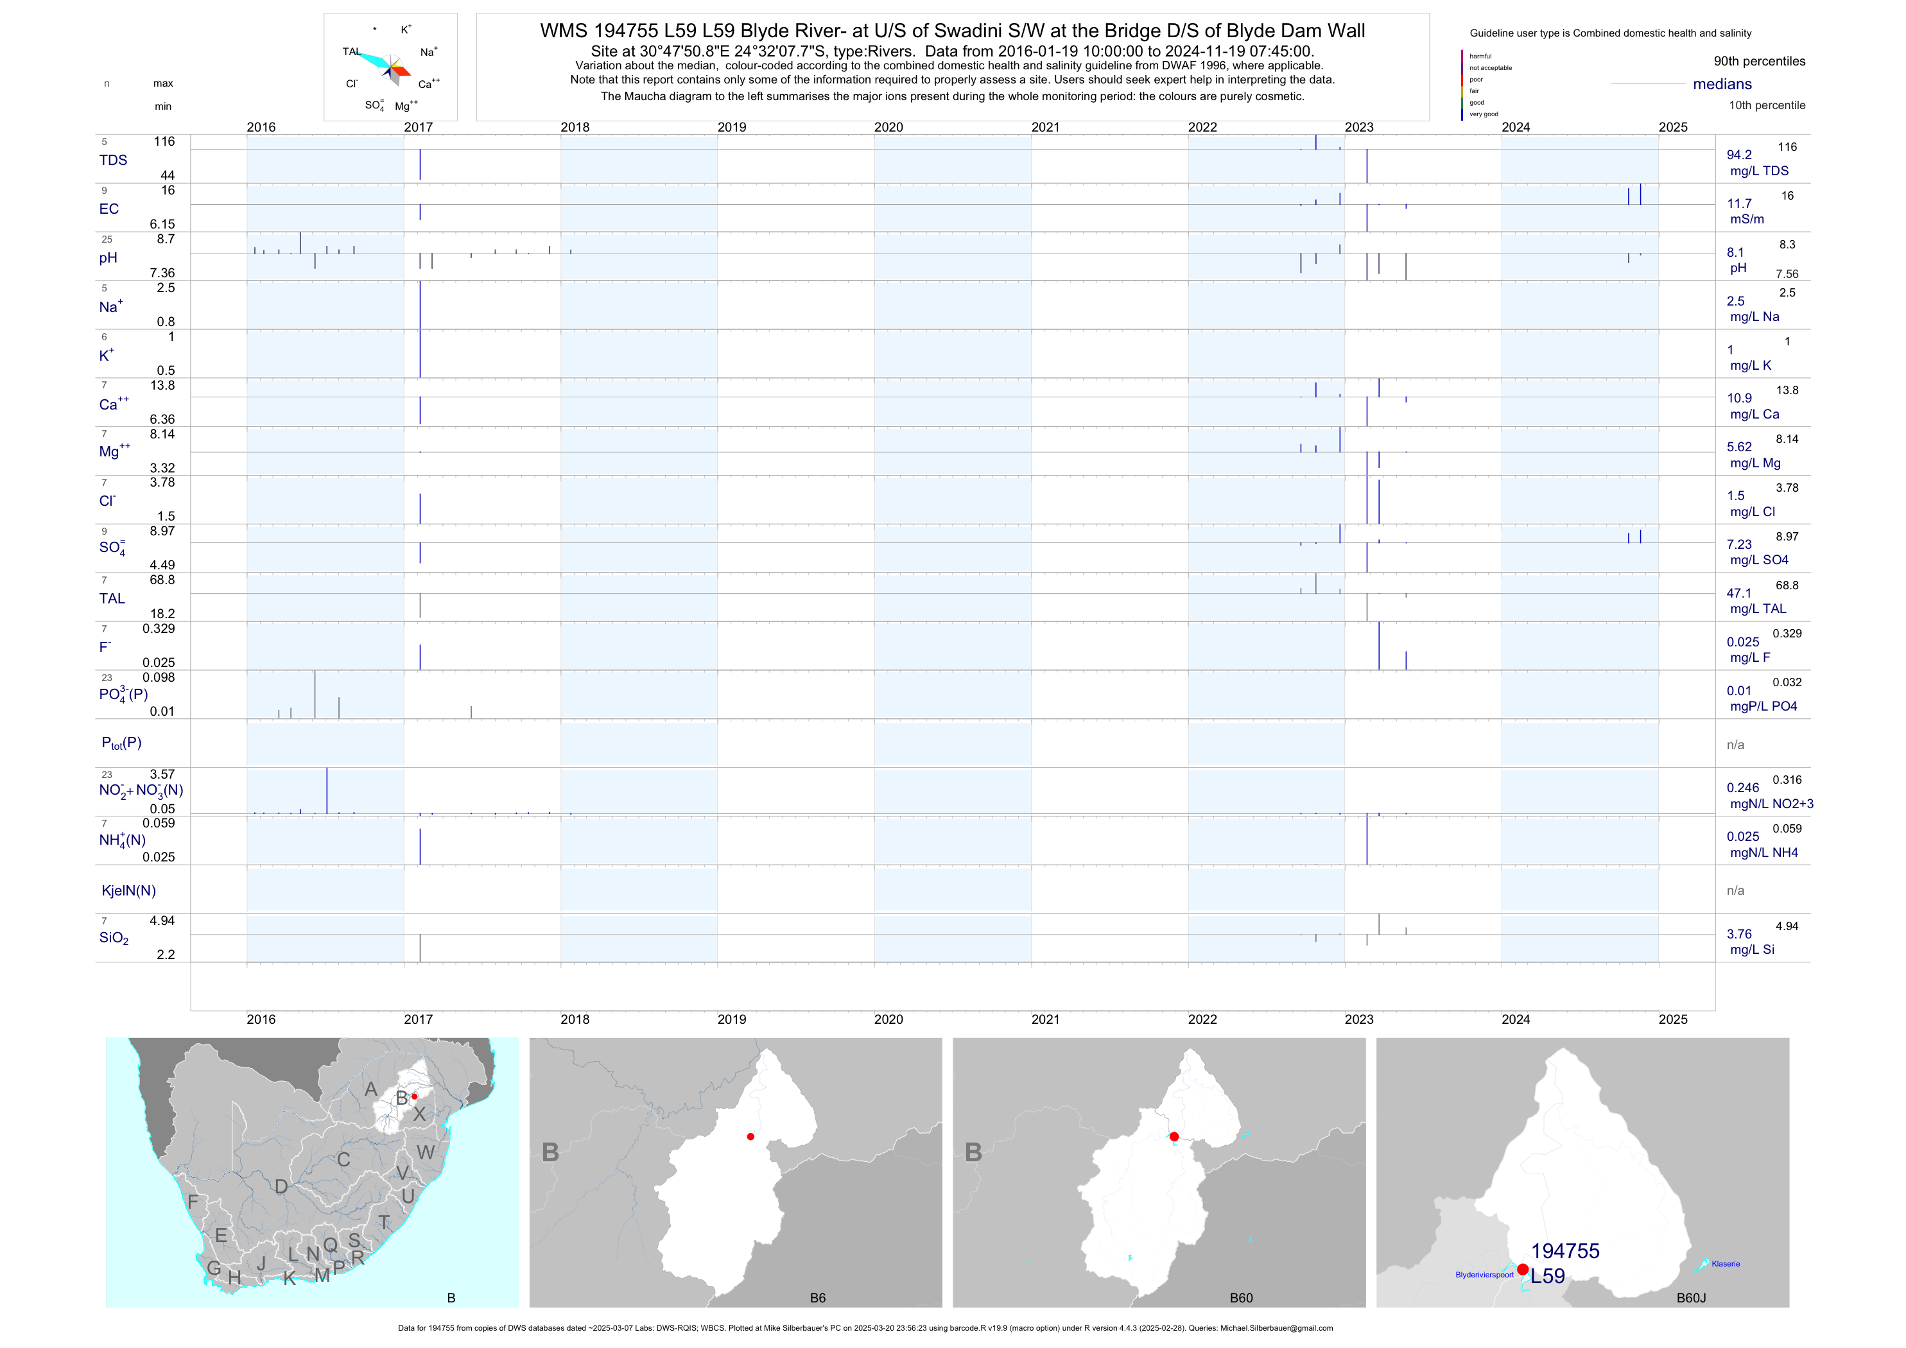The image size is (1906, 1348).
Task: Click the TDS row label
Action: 113,160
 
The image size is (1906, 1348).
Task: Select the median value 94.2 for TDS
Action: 1739,155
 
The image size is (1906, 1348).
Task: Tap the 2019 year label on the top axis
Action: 731,127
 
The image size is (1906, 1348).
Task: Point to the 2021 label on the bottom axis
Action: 1045,1019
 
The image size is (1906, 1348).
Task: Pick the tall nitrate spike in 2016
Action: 327,790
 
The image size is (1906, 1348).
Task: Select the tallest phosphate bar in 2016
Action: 315,694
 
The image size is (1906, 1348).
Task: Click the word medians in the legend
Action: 1722,84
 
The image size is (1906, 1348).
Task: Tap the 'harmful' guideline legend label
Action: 1480,56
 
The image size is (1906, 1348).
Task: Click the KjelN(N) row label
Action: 128,891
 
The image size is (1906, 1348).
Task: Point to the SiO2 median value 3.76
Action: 1739,934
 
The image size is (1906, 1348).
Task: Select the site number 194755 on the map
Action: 1565,1251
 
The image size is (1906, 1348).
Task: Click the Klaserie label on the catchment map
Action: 1725,1263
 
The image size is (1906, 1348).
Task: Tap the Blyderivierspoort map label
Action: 1484,1274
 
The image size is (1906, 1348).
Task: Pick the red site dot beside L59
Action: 1523,1269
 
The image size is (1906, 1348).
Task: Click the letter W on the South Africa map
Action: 426,1152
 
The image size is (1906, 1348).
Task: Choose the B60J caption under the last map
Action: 1691,1297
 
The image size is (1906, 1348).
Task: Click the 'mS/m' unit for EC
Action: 1747,219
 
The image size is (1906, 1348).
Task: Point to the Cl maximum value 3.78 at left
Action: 162,482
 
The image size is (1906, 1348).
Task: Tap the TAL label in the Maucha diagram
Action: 351,51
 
